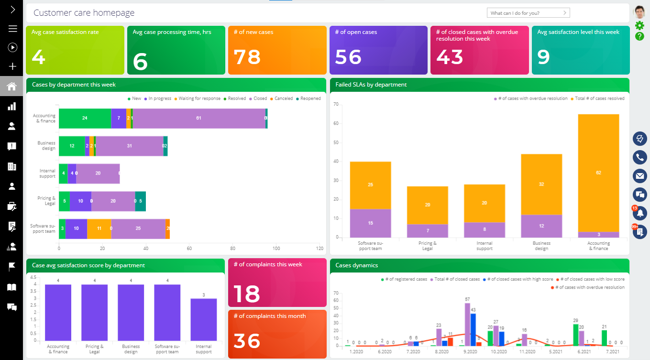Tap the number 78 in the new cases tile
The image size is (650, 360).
click(x=247, y=57)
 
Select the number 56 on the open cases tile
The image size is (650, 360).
click(x=348, y=57)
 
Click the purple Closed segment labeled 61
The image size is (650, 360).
click(x=198, y=118)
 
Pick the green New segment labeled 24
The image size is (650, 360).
click(x=85, y=118)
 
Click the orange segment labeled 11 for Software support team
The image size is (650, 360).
click(x=99, y=229)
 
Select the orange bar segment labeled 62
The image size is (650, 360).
click(x=598, y=173)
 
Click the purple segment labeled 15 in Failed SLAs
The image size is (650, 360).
click(x=370, y=223)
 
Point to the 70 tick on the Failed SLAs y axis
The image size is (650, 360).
click(x=336, y=104)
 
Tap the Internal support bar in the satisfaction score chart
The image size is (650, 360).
click(x=203, y=319)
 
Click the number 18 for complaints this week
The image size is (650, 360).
click(x=247, y=294)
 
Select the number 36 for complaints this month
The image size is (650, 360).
click(x=247, y=341)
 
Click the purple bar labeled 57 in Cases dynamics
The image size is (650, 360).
click(x=467, y=324)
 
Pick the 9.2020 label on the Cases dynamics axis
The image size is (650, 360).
click(x=470, y=351)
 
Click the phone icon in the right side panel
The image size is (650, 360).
click(x=639, y=157)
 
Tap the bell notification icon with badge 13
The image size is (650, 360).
click(x=639, y=213)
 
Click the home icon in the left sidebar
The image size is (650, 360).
click(x=11, y=87)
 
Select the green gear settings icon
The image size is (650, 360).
click(x=639, y=25)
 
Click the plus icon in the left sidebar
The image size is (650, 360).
click(x=12, y=66)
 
